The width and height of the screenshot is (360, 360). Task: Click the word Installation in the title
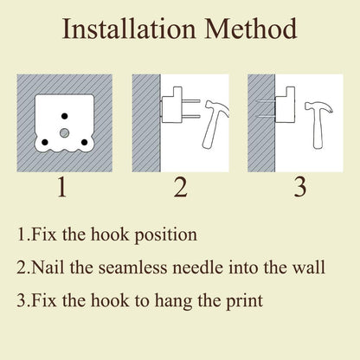click(x=129, y=29)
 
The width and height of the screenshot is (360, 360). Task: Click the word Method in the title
click(x=251, y=29)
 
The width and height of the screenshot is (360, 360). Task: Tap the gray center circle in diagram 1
click(x=64, y=132)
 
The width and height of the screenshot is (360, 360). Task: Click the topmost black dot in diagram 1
click(x=65, y=116)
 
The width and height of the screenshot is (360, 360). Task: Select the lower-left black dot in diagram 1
click(x=45, y=142)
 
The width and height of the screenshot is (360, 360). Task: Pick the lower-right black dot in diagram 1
click(x=84, y=142)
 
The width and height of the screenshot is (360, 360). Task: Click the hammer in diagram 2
click(x=214, y=124)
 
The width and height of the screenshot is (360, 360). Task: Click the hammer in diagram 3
click(x=318, y=125)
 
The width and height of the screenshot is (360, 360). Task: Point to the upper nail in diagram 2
click(x=190, y=101)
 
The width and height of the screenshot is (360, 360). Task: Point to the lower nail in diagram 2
click(x=190, y=117)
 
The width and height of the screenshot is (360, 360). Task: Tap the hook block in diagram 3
click(x=286, y=106)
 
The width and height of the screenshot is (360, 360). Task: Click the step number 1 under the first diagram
click(x=62, y=187)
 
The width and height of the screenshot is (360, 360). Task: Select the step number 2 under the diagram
click(x=181, y=187)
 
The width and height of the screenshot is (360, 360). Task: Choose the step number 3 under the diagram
click(x=300, y=188)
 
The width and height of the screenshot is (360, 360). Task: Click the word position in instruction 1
click(x=166, y=235)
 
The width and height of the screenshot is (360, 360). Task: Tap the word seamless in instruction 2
click(x=132, y=267)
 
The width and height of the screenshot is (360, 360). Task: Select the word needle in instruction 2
click(x=198, y=267)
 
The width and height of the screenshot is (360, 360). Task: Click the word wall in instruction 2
click(x=309, y=267)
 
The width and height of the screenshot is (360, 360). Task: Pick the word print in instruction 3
click(x=244, y=301)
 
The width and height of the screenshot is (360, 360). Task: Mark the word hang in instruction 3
click(x=173, y=301)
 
